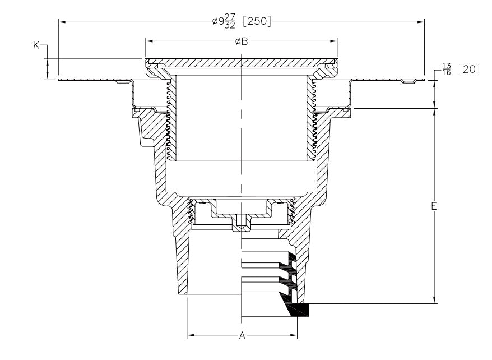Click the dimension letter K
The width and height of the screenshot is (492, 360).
(x=36, y=45)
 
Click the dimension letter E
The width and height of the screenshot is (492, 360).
(x=434, y=206)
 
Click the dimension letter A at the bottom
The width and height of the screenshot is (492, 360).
(x=242, y=335)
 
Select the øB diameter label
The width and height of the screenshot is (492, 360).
(x=242, y=41)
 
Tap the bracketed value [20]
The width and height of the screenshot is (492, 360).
(x=469, y=70)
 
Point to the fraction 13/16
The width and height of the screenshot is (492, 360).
(x=447, y=70)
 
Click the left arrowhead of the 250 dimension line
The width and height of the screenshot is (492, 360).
(x=62, y=22)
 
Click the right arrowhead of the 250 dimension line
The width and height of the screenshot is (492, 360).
(x=420, y=22)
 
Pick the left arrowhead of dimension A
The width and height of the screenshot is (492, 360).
(x=191, y=335)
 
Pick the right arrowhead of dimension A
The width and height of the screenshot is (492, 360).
(x=294, y=335)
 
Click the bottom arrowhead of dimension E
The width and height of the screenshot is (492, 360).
(x=435, y=300)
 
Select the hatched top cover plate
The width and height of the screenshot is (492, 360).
(x=242, y=62)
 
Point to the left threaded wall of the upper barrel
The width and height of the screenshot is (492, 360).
(x=171, y=119)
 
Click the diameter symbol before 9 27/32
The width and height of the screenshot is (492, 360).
(x=215, y=21)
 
